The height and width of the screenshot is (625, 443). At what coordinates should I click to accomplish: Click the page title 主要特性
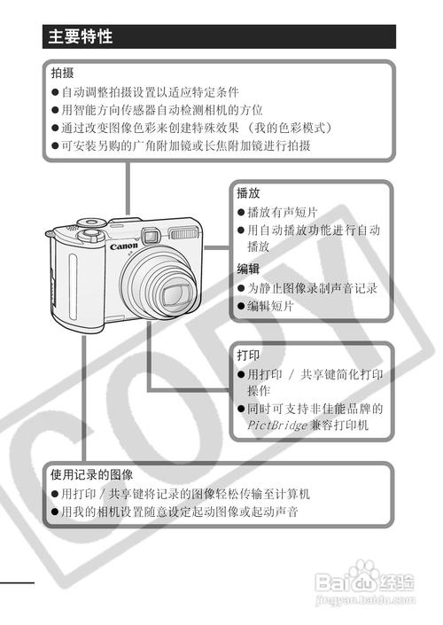pos(81,37)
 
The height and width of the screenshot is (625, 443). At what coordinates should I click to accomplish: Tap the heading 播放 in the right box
pos(248,192)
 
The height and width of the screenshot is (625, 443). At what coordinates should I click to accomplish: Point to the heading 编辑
pos(248,269)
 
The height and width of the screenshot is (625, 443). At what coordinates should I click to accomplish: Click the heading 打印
pos(248,355)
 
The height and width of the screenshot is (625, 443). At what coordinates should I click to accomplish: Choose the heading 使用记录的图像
pos(91,474)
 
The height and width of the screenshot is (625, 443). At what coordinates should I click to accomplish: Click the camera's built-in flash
pos(183,235)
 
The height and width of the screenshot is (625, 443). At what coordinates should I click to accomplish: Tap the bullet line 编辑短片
pos(270,307)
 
